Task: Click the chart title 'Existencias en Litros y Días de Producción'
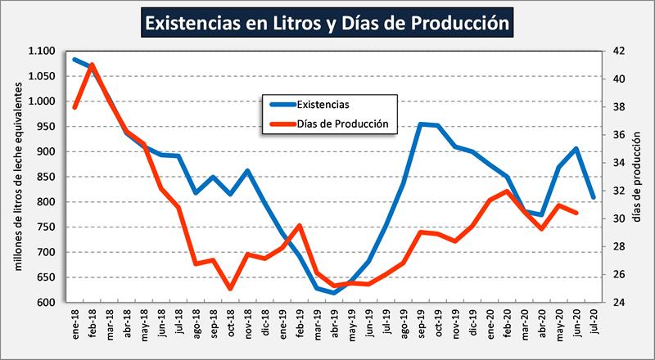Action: [x=327, y=23]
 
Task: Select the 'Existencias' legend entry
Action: [x=323, y=104]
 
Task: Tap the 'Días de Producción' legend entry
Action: [x=341, y=125]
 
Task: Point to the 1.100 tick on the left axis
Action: [x=40, y=51]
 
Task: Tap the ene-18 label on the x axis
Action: [x=75, y=323]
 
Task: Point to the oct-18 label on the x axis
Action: [x=230, y=323]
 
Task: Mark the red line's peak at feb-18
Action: [x=92, y=65]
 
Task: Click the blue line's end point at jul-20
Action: [x=593, y=197]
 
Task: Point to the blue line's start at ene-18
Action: [x=75, y=59]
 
